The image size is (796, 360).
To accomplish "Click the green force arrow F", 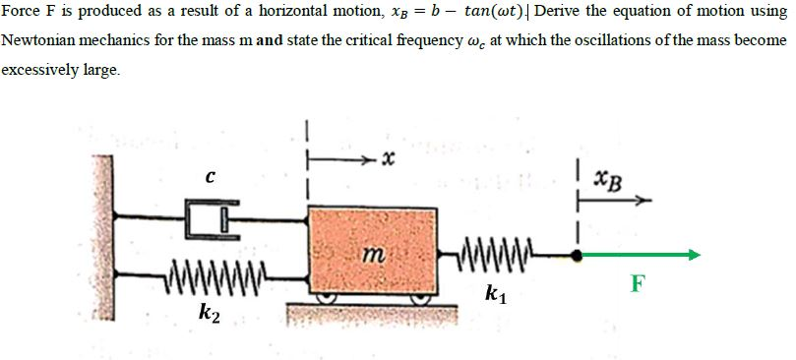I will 640,254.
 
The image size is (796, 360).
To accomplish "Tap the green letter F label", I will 639,285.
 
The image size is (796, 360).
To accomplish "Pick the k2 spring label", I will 208,315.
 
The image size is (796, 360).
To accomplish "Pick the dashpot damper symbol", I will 208,216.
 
